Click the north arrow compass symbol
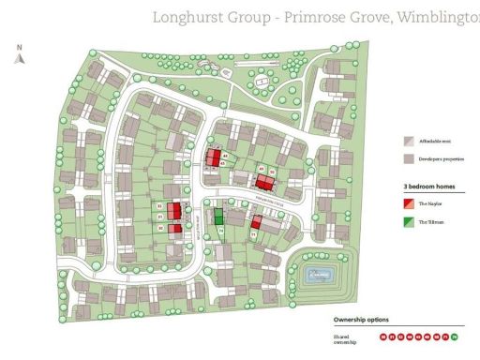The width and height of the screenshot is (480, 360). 19,57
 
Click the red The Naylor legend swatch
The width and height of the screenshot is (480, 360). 408,202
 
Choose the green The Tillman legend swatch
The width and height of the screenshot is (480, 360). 408,222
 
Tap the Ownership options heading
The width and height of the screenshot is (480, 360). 361,322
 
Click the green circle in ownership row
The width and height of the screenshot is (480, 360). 455,336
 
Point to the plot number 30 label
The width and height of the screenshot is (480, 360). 161,228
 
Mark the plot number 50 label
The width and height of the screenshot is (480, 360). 272,172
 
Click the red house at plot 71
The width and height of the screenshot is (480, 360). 255,223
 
